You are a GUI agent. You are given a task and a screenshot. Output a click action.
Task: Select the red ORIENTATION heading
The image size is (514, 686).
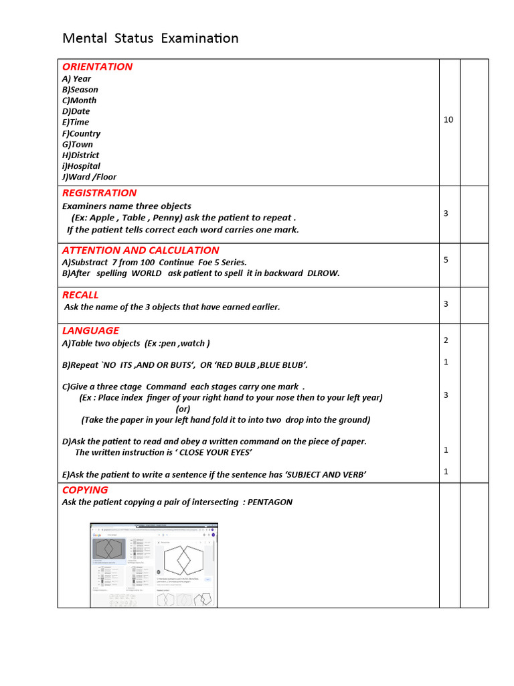[97, 66]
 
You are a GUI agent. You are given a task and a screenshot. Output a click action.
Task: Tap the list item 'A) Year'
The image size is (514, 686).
[76, 78]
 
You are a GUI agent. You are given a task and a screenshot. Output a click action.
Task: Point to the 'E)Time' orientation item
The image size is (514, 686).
[75, 122]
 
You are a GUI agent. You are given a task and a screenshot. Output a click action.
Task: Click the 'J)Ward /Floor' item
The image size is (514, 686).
[89, 177]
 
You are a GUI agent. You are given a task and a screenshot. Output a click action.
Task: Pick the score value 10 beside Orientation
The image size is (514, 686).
[448, 119]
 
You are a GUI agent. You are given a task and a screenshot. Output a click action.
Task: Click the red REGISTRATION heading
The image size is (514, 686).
[99, 193]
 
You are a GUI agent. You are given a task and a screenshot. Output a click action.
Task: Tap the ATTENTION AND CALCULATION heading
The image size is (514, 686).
[141, 251]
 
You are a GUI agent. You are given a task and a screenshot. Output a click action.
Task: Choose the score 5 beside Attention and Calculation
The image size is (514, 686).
[446, 260]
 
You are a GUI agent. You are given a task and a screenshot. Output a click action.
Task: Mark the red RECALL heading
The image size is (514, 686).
[80, 295]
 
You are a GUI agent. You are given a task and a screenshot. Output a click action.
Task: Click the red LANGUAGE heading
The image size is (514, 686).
[90, 330]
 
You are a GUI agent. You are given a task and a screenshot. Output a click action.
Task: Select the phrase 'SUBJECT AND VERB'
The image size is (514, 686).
[325, 474]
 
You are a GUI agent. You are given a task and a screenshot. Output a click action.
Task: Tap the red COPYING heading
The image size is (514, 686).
[85, 490]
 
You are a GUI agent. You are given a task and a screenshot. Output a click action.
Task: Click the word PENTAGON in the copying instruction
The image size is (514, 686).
[270, 502]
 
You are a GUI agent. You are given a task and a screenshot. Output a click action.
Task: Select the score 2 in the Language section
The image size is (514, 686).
[446, 340]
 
